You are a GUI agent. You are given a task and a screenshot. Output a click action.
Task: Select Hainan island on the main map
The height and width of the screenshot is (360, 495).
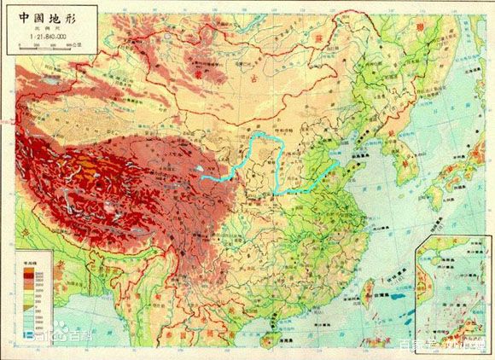[x=275, y=335]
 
